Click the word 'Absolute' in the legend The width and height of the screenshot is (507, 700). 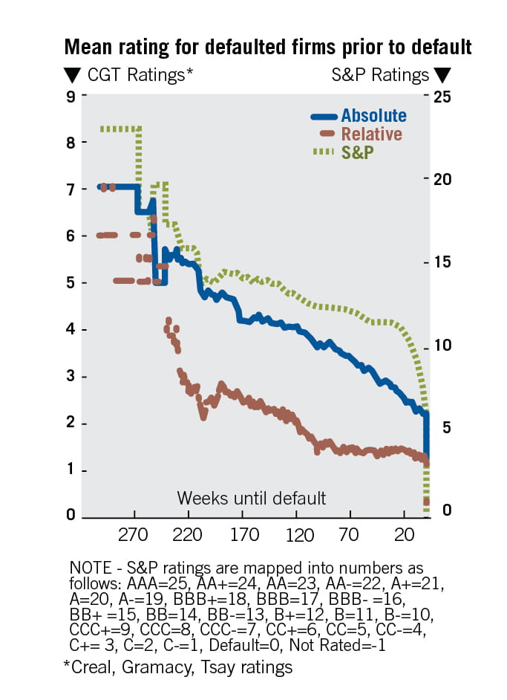pyautogui.click(x=373, y=116)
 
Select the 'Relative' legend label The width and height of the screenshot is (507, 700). pyautogui.click(x=371, y=135)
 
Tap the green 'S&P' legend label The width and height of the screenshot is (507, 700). pyautogui.click(x=357, y=152)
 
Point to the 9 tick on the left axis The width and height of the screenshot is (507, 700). pyautogui.click(x=71, y=96)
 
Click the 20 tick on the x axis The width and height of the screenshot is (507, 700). pyautogui.click(x=404, y=535)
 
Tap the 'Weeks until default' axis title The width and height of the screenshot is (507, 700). pyautogui.click(x=251, y=497)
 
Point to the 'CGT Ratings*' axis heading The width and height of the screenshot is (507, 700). pyautogui.click(x=140, y=75)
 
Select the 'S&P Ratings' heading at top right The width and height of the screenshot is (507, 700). pyautogui.click(x=379, y=75)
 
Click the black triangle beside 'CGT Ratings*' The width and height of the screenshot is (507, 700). pyautogui.click(x=73, y=75)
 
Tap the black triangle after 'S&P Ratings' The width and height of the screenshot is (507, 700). pyautogui.click(x=442, y=75)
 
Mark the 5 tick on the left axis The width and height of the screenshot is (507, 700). pyautogui.click(x=71, y=283)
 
